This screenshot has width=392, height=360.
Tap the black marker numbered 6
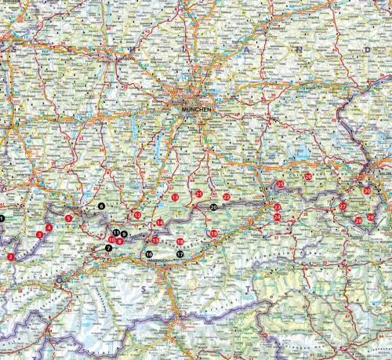coord(101,205)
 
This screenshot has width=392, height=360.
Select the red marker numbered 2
coord(10,256)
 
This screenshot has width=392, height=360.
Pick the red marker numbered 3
coord(39,235)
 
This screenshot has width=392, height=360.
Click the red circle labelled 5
coord(69,218)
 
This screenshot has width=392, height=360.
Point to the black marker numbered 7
coord(108,248)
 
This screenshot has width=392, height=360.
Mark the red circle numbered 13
coord(174,196)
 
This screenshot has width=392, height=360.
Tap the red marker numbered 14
coord(160,223)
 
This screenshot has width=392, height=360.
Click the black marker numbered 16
coord(149,254)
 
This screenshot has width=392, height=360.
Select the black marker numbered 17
coord(180,254)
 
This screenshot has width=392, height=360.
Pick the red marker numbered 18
coord(180,242)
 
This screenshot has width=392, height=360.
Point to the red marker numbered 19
coord(212,234)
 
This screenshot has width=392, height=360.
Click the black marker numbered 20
coord(213,208)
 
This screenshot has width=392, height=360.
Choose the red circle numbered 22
coord(227,197)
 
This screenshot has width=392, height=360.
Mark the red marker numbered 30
coord(368,191)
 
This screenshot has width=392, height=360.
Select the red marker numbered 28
coord(359,221)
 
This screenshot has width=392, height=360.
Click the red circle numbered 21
coord(199,194)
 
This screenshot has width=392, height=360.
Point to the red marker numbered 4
coord(49,227)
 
